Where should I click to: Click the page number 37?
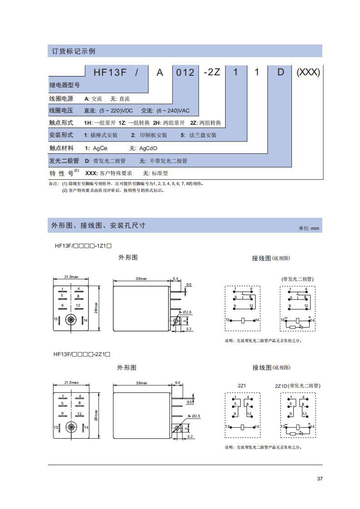coord(320,478)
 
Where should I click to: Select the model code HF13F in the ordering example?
coord(109,72)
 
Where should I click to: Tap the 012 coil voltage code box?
coord(185,73)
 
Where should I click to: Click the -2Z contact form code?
coord(212,72)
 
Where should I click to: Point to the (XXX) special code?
coord(308,72)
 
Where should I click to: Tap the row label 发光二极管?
coord(64,161)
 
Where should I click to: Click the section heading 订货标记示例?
coord(72,51)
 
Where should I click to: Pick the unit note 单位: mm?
coord(309,228)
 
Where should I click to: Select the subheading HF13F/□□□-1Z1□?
coord(84,245)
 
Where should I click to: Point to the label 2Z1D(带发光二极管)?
coord(297,386)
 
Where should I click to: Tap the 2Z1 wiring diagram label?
coord(242,386)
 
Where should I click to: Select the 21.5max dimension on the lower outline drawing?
coord(71,382)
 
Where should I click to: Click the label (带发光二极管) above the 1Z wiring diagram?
coord(297,279)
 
